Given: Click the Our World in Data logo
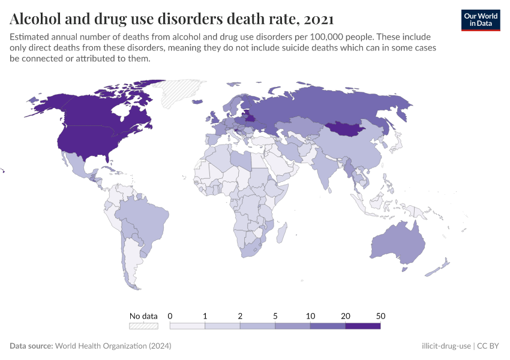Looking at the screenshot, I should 481,20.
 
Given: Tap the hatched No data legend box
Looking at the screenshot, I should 143,326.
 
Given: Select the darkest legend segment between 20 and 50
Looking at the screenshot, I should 363,326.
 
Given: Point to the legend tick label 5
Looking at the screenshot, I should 275,316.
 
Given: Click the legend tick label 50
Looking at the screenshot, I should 380,316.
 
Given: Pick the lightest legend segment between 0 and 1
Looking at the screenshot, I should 187,326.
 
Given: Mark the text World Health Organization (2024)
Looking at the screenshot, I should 113,346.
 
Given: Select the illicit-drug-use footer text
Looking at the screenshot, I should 446,346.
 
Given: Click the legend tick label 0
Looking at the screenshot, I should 170,316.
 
